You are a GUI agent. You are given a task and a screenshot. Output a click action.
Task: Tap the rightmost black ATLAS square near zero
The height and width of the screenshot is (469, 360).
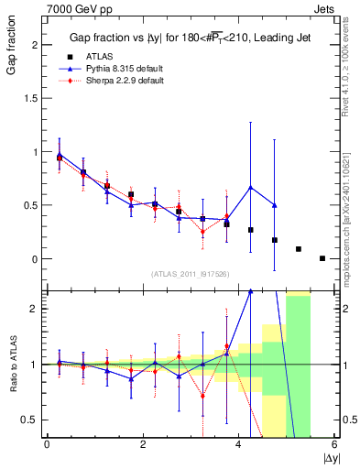pos(322,258)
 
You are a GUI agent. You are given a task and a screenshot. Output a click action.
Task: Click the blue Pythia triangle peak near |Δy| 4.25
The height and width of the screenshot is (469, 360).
pos(251,188)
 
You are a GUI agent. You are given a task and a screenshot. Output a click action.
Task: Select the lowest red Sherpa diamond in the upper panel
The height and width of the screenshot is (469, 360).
pos(203,232)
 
